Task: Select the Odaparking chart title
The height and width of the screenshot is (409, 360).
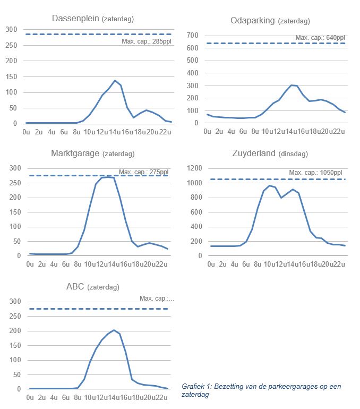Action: [253, 21]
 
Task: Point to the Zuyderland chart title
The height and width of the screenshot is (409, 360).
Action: [255, 154]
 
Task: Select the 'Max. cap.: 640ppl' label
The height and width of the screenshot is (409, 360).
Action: [320, 38]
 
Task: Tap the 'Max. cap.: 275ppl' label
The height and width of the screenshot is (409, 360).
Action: [143, 172]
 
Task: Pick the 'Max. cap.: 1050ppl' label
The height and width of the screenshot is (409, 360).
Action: [317, 173]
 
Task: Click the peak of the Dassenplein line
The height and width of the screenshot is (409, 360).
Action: [115, 80]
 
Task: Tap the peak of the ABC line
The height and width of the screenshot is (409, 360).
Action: [114, 330]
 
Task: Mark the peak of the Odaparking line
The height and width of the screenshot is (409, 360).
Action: [292, 85]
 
